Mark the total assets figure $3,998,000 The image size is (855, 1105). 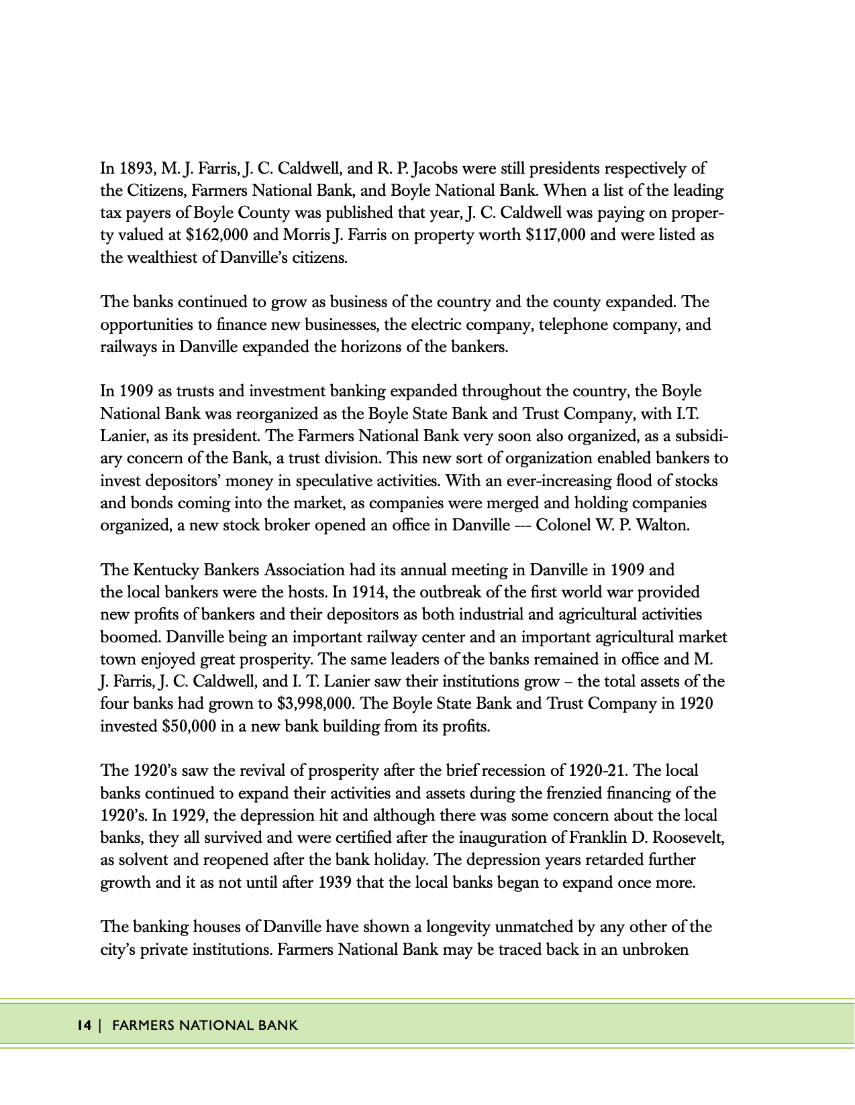318,703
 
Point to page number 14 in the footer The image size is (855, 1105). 84,1025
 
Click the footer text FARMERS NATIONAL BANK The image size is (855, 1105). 205,1025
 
